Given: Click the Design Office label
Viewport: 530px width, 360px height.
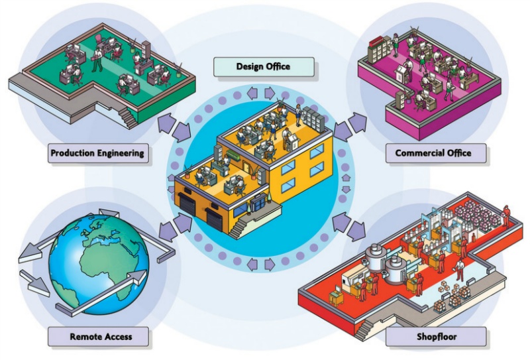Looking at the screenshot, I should click(263, 66).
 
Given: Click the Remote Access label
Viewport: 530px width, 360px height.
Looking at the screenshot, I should click(101, 336).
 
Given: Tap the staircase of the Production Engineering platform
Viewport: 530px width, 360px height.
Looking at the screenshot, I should click(127, 118).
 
